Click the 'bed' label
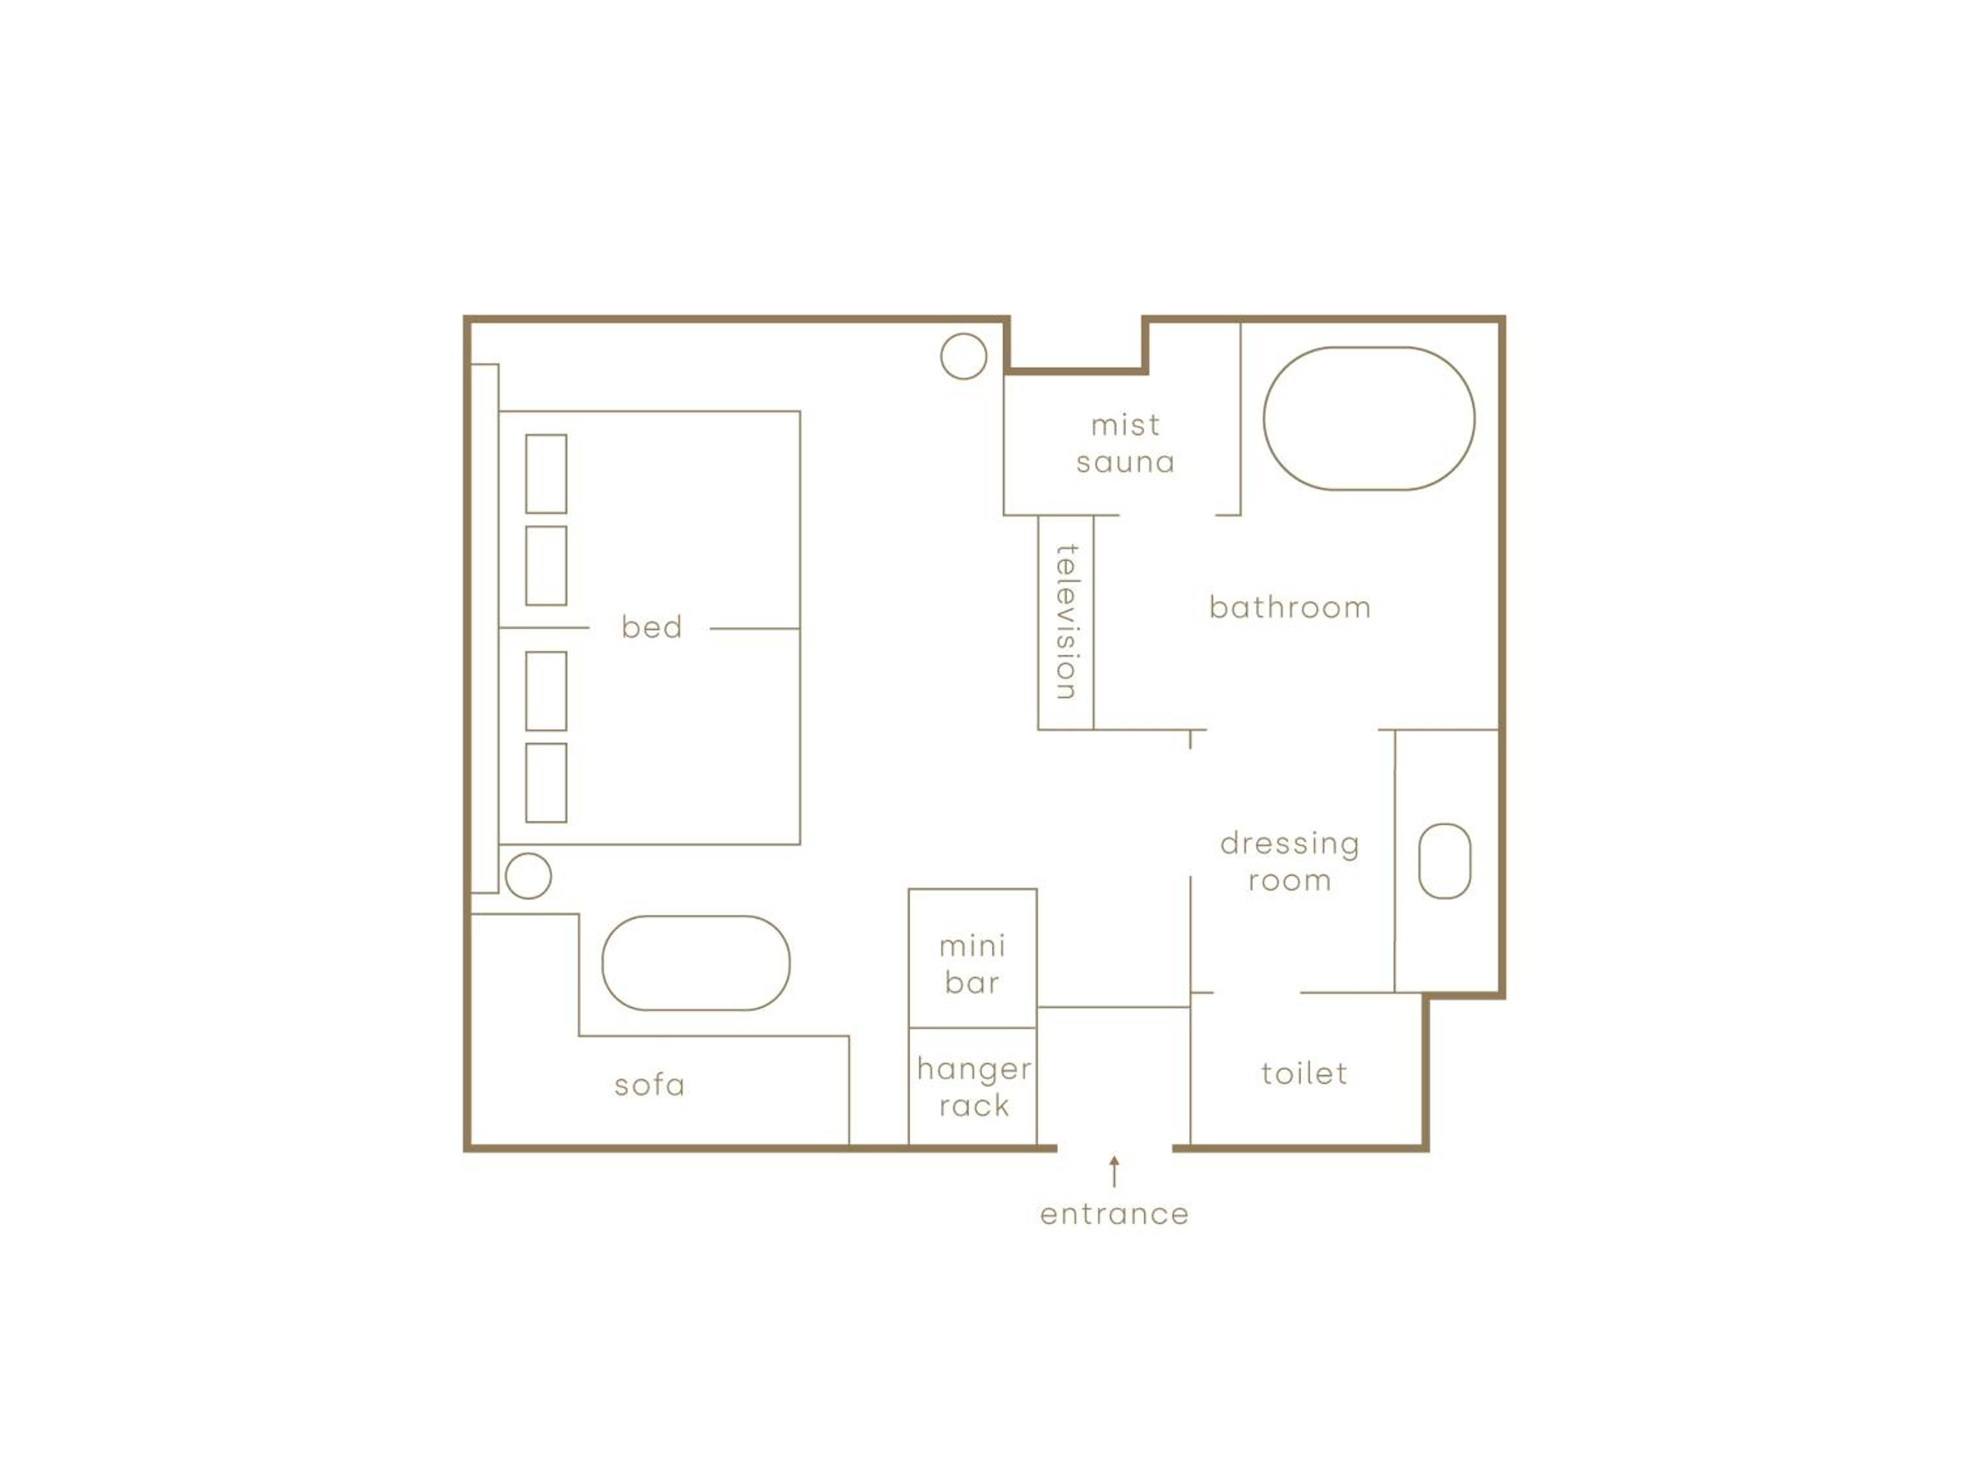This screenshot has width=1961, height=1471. click(652, 627)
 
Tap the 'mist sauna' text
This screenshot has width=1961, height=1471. click(1125, 443)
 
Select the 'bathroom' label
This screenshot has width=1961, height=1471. click(1290, 607)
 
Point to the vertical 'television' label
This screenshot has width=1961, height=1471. click(1067, 622)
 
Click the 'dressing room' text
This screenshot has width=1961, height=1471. click(1290, 861)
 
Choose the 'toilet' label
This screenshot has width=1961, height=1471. click(1304, 1074)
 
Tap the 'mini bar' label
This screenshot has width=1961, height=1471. click(973, 965)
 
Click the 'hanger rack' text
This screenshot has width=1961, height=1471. click(975, 1087)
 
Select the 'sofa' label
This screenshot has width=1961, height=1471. click(650, 1085)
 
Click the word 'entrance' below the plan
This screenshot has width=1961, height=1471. click(1115, 1214)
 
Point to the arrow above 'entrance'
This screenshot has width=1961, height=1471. click(1115, 1172)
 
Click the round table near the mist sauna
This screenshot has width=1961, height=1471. click(964, 334)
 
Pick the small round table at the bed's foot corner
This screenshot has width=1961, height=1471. click(528, 854)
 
